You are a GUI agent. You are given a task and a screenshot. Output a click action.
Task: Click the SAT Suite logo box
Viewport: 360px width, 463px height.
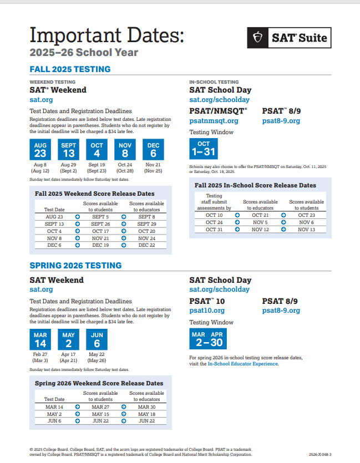tap(289, 38)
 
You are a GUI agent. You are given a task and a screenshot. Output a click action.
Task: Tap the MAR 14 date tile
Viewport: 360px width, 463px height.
tap(40, 339)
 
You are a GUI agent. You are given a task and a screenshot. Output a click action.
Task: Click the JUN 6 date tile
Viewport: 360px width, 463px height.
tap(97, 339)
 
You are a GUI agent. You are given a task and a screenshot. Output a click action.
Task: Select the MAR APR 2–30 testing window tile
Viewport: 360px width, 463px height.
tap(207, 339)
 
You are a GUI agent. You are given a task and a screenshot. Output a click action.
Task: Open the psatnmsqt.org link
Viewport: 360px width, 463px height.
tap(214, 121)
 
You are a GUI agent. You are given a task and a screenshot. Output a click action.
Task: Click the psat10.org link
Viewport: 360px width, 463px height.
tap(207, 311)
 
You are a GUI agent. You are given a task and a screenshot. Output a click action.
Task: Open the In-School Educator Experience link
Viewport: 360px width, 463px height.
tap(243, 364)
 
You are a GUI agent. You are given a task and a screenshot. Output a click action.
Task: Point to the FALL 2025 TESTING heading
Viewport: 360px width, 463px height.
tap(70, 69)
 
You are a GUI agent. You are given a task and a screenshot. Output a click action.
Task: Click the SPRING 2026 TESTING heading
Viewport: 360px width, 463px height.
tap(75, 266)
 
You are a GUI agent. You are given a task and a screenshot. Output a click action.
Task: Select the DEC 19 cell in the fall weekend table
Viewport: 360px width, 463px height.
tap(100, 245)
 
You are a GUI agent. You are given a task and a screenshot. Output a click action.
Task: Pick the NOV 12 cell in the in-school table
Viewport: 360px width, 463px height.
tap(260, 230)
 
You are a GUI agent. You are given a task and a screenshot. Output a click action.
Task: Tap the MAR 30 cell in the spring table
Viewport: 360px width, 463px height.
tap(146, 406)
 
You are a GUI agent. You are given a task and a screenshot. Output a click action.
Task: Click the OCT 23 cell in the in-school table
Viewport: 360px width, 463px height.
tap(306, 215)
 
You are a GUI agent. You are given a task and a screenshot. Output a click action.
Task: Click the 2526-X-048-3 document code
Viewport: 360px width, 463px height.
tap(320, 454)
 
